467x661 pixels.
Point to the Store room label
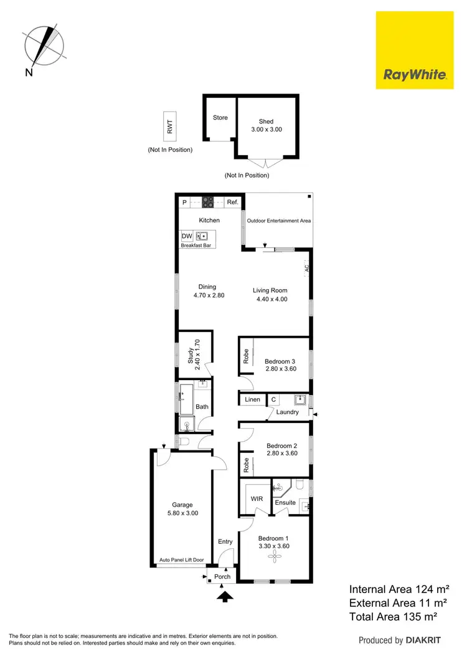220,118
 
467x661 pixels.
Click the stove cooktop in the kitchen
208,202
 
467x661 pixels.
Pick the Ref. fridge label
233,202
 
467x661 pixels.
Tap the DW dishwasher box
187,236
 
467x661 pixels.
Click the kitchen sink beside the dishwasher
202,236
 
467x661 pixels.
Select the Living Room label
270,290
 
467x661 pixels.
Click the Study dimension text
197,355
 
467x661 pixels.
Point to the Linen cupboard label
252,399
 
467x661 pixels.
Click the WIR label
257,499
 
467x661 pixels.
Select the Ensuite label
285,502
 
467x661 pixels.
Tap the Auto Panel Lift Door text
182,560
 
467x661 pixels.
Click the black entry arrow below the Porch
225,597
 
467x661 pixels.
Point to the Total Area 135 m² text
392,616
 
